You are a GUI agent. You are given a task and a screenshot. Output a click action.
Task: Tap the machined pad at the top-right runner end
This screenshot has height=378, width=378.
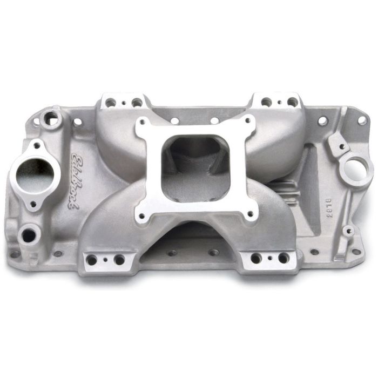(x=279, y=101)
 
